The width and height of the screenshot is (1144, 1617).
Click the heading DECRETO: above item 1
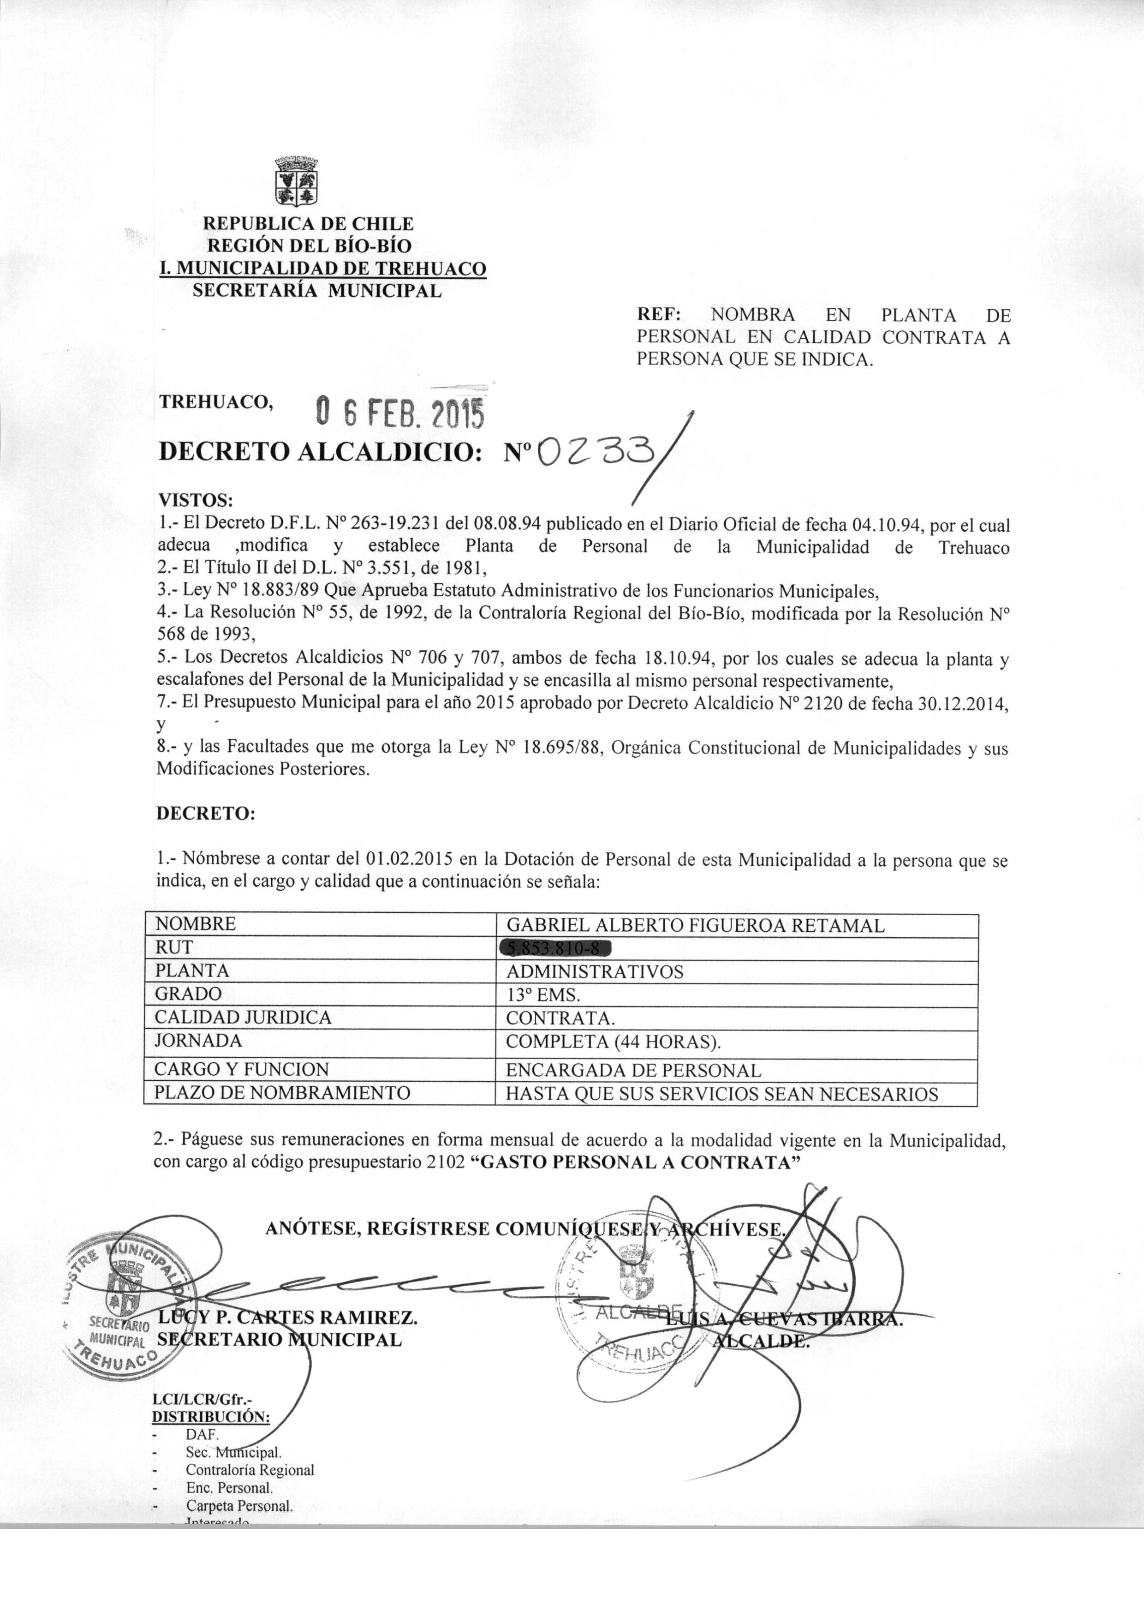(205, 814)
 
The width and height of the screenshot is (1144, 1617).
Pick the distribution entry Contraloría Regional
(250, 1470)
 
